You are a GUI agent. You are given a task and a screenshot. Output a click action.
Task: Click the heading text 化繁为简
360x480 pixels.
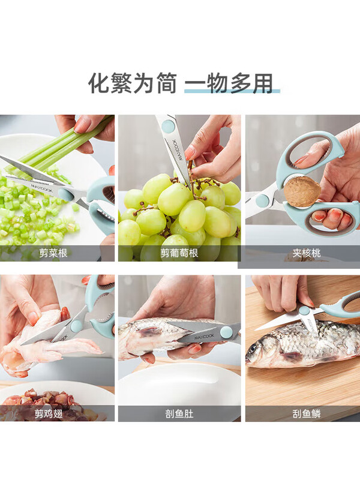point(133,83)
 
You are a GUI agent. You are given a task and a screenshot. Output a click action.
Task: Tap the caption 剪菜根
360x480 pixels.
point(53,253)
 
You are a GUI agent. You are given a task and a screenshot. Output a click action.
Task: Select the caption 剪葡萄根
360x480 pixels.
point(179,253)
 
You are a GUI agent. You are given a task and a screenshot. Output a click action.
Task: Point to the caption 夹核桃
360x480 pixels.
point(307,253)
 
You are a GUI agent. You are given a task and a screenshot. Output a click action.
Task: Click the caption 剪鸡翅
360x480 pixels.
point(49,413)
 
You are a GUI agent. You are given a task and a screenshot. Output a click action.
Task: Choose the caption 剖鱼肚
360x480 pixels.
point(179,413)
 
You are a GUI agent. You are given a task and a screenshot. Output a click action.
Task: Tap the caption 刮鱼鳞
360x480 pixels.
point(307,413)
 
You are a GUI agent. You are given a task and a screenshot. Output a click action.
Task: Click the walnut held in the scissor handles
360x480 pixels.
point(302,191)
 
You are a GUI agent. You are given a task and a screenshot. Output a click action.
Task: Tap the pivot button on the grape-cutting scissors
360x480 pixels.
point(168,125)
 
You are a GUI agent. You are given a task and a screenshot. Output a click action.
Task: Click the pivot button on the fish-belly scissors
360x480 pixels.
point(226,332)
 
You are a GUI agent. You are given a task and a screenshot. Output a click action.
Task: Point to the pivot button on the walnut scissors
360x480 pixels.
point(262,201)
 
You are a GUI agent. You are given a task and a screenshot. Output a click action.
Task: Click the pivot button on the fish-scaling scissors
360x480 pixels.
point(304,311)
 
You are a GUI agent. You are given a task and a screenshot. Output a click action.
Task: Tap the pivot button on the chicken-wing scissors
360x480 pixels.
point(76,326)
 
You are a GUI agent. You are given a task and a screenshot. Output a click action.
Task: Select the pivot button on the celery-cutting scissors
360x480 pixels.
point(64,194)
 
